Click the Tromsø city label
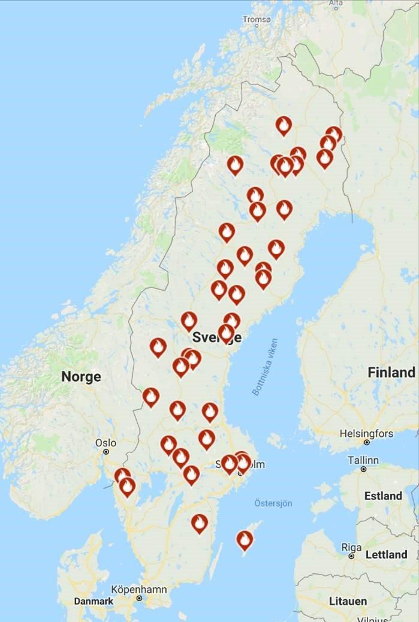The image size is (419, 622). (x=257, y=20)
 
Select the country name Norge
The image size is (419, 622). (x=81, y=377)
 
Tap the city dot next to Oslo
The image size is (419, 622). (x=106, y=451)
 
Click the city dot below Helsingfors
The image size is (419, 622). (x=366, y=442)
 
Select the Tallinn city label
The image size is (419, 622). (x=363, y=460)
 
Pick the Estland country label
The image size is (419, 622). (x=383, y=496)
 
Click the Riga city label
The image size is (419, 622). (x=351, y=547)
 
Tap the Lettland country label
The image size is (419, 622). (x=386, y=555)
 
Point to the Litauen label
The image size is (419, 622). (x=348, y=601)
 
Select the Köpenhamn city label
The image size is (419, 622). (x=139, y=590)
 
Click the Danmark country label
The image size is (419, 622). (x=93, y=601)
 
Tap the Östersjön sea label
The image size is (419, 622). (x=273, y=503)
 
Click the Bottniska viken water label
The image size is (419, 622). (x=264, y=366)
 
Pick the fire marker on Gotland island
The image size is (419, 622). (x=244, y=540)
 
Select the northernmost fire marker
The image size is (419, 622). (x=284, y=125)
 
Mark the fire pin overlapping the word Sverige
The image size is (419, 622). (x=226, y=333)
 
